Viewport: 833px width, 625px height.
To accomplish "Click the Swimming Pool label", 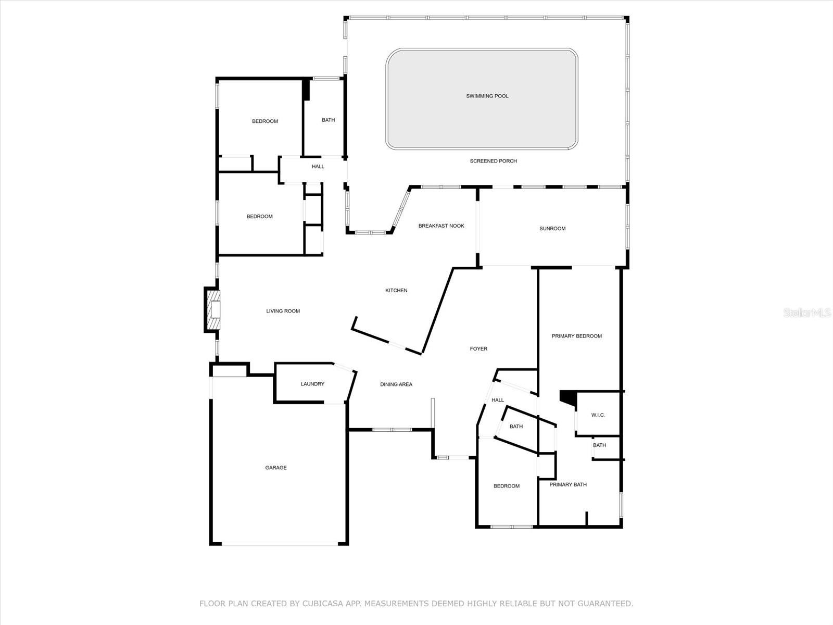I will pos(487,96).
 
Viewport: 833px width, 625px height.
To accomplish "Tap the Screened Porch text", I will pos(493,161).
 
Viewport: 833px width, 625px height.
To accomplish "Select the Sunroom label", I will pos(552,228).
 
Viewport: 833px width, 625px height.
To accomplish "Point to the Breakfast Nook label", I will pos(441,226).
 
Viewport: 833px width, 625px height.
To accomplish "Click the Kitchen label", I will pos(396,290).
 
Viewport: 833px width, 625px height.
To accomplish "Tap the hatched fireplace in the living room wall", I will pos(213,311).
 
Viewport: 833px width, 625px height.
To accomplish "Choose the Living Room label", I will pos(283,311).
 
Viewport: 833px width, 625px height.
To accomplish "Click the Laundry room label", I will pos(312,384).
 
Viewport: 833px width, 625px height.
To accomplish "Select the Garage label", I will pos(275,468).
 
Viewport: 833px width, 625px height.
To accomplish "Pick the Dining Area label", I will pos(396,384).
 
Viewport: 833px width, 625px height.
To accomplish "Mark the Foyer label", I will pos(478,348).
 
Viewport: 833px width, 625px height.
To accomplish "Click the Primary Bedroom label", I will pos(576,336).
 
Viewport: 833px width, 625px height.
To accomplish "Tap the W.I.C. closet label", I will pos(598,415).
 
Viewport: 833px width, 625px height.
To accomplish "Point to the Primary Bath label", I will pos(567,484).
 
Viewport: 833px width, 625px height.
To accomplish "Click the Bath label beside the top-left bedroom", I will pos(328,120).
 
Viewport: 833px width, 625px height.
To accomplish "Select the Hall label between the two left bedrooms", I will pos(318,167).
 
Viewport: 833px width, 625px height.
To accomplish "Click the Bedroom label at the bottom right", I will pos(506,486).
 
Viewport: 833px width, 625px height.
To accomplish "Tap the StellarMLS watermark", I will pos(807,312).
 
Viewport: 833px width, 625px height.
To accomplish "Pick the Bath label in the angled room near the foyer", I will pos(516,427).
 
